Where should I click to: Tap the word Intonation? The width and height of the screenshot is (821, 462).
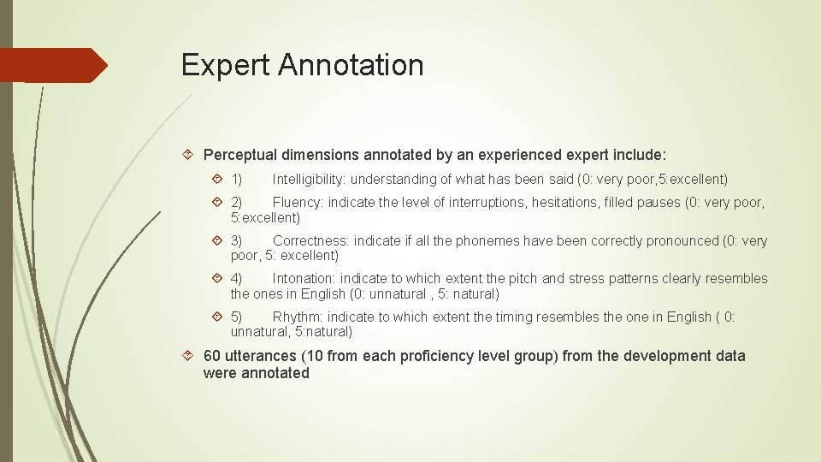tap(304, 279)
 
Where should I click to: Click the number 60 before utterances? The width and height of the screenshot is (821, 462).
tap(212, 356)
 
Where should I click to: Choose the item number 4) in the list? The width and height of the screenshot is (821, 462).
tap(236, 279)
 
